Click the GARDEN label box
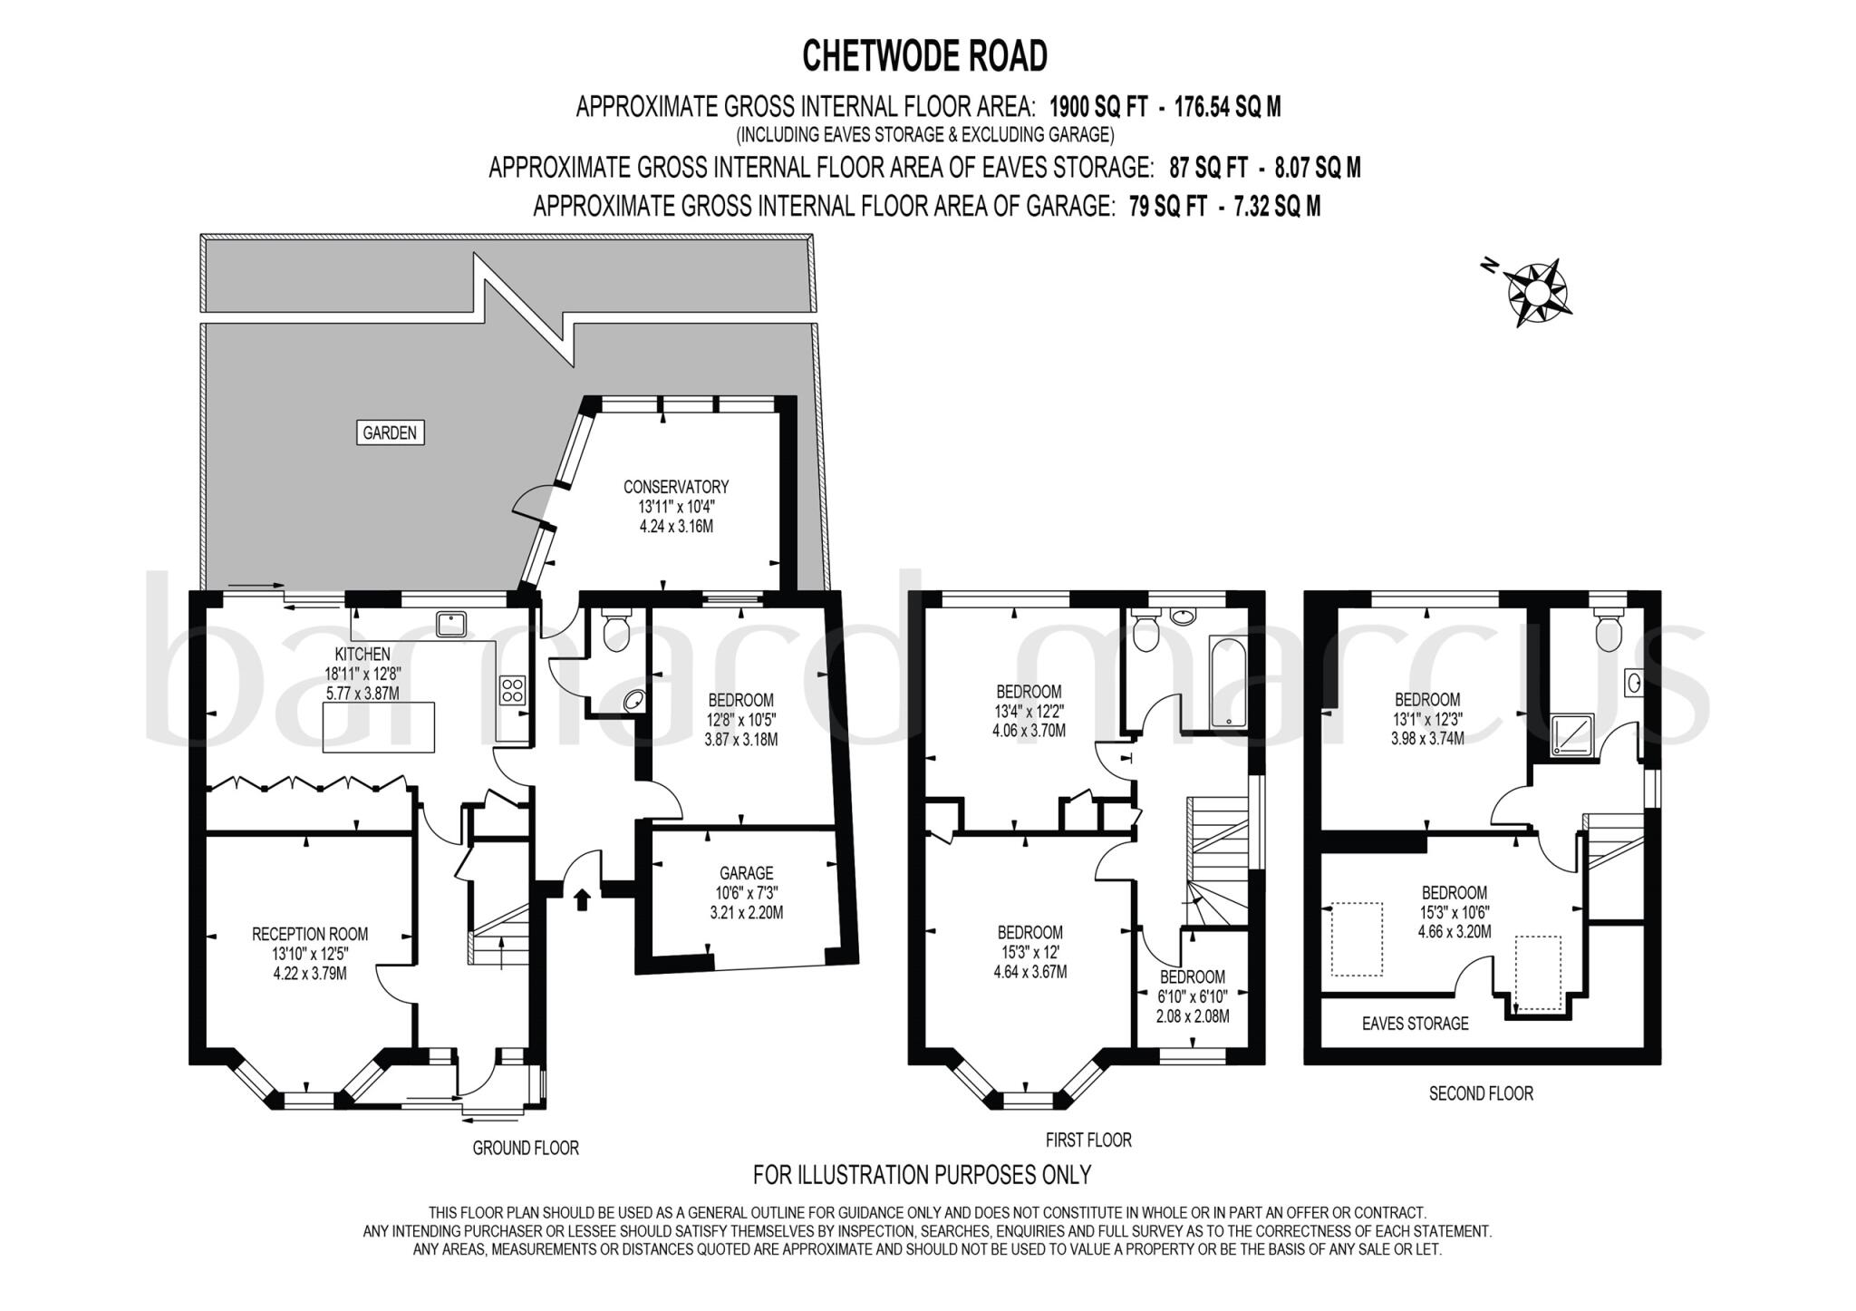pos(390,432)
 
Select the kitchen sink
pos(450,624)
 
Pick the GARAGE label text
pos(747,873)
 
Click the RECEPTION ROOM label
pos(310,934)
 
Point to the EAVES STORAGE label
pos(1416,1024)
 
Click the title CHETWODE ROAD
pos(925,56)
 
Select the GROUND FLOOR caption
pos(526,1148)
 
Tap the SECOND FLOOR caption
pos(1481,1093)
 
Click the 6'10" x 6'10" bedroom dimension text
pos(1193,996)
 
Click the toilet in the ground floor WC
pos(616,629)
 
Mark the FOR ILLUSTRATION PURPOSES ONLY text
pos(923,1175)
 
